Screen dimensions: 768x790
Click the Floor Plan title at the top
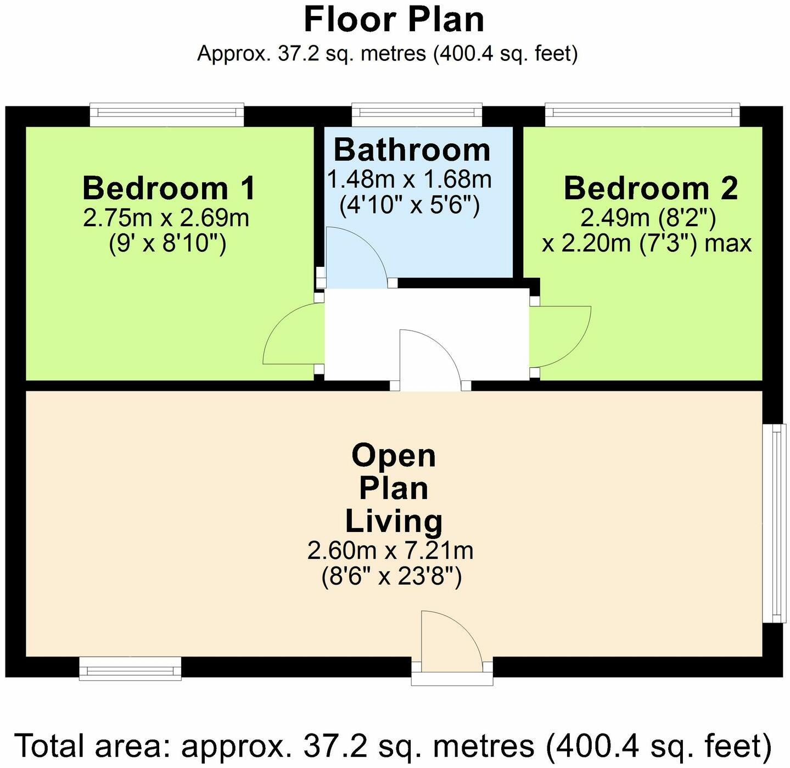tap(394, 20)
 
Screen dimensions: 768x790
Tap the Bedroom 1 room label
tap(169, 188)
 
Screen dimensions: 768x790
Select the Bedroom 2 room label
tap(651, 188)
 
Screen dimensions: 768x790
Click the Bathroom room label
tap(412, 150)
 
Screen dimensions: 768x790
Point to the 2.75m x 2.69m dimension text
tap(166, 218)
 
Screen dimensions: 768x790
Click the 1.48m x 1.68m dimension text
tap(410, 180)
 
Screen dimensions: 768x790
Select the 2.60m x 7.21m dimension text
tap(390, 550)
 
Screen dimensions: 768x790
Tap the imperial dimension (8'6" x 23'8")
tap(391, 576)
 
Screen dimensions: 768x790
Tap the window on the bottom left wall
tap(130, 668)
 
